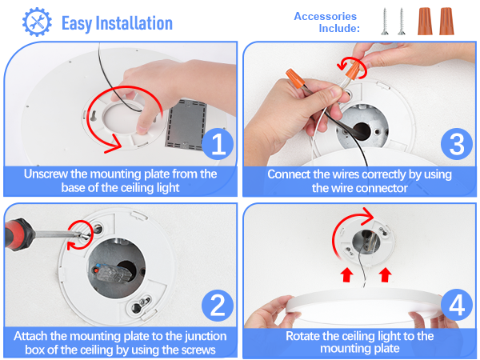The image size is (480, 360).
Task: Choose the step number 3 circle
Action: pyautogui.click(x=456, y=145)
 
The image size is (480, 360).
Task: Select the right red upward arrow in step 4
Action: pyautogui.click(x=386, y=276)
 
